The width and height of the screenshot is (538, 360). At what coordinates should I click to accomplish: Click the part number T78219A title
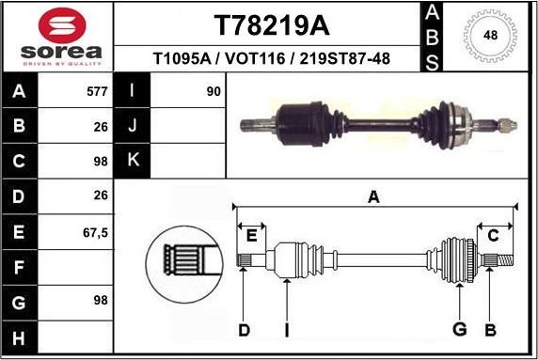pyautogui.click(x=273, y=23)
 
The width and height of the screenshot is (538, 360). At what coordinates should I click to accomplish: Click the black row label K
pyautogui.click(x=133, y=160)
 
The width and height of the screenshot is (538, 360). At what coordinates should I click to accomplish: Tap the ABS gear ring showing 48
pyautogui.click(x=489, y=36)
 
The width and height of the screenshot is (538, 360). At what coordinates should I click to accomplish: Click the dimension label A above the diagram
pyautogui.click(x=373, y=197)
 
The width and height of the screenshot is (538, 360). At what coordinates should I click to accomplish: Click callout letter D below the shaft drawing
pyautogui.click(x=244, y=329)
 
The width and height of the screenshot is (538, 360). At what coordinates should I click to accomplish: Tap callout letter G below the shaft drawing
pyautogui.click(x=460, y=329)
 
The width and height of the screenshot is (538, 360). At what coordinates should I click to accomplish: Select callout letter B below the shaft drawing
pyautogui.click(x=490, y=329)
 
